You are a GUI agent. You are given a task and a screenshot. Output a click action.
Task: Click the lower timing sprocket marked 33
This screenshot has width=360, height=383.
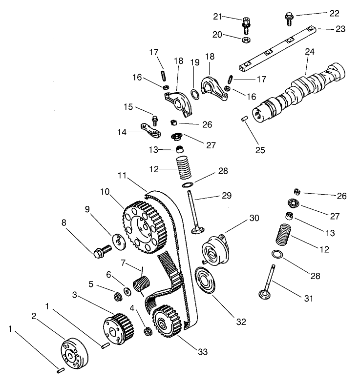click(166, 323)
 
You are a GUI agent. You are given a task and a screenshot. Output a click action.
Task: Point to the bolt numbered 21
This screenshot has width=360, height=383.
click(245, 22)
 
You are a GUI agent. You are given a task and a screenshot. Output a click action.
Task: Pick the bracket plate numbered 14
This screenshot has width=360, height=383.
click(149, 129)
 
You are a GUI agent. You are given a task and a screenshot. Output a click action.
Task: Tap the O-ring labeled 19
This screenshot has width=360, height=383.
click(194, 93)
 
